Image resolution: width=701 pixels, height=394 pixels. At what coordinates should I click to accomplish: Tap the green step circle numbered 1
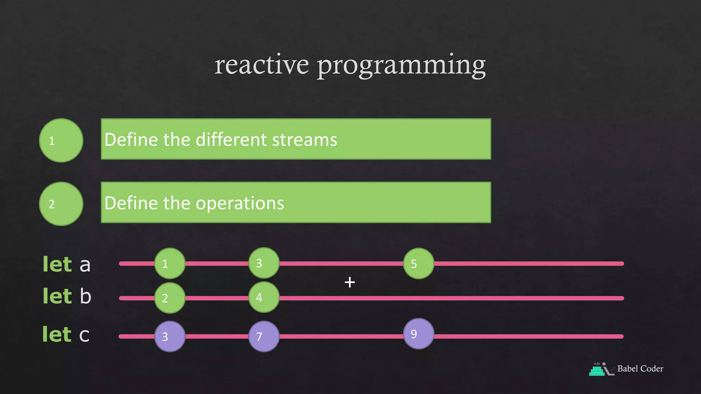coord(61,141)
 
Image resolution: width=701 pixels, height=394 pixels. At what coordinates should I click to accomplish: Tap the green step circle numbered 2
coord(61,204)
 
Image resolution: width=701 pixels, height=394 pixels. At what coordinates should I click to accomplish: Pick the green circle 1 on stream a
coord(170,263)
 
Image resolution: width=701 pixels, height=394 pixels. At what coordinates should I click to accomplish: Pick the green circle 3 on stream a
coord(264,263)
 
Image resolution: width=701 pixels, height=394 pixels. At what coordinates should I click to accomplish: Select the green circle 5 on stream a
coord(418,263)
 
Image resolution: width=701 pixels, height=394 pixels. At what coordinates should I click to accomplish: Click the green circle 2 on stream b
coord(170,298)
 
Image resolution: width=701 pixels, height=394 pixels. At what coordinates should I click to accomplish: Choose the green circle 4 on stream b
coord(264,297)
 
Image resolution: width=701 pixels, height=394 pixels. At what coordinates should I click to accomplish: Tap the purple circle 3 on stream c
coord(170,337)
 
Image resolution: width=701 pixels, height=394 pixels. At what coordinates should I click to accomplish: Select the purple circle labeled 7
coord(264,337)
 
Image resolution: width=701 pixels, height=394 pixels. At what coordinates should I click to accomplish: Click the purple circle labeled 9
coord(418,334)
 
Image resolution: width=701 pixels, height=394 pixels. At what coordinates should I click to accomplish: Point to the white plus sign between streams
coord(349,282)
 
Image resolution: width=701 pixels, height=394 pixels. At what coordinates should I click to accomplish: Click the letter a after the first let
coord(85,265)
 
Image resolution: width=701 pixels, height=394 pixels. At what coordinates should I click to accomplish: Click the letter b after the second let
coord(86,296)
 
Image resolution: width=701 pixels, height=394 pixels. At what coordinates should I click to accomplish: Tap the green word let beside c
coord(57,334)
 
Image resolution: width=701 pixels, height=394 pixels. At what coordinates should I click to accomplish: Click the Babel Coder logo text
coord(640,369)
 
